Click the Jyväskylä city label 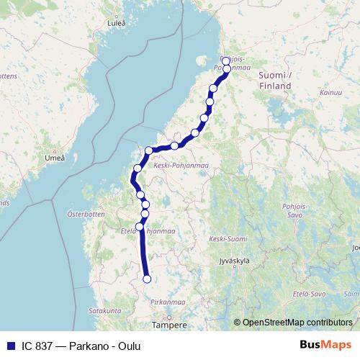click(x=238, y=262)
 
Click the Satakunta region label click(x=104, y=310)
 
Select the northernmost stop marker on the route click(x=226, y=60)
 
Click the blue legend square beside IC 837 click(x=9, y=346)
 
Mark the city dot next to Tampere click(x=169, y=316)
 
